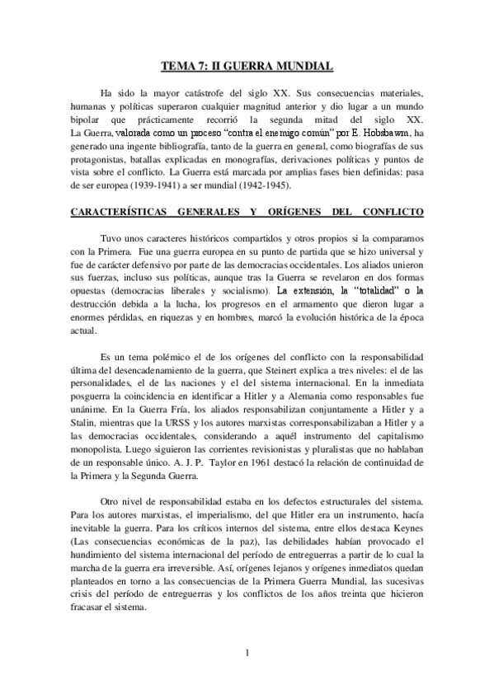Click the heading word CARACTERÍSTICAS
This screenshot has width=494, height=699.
tap(122, 212)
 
